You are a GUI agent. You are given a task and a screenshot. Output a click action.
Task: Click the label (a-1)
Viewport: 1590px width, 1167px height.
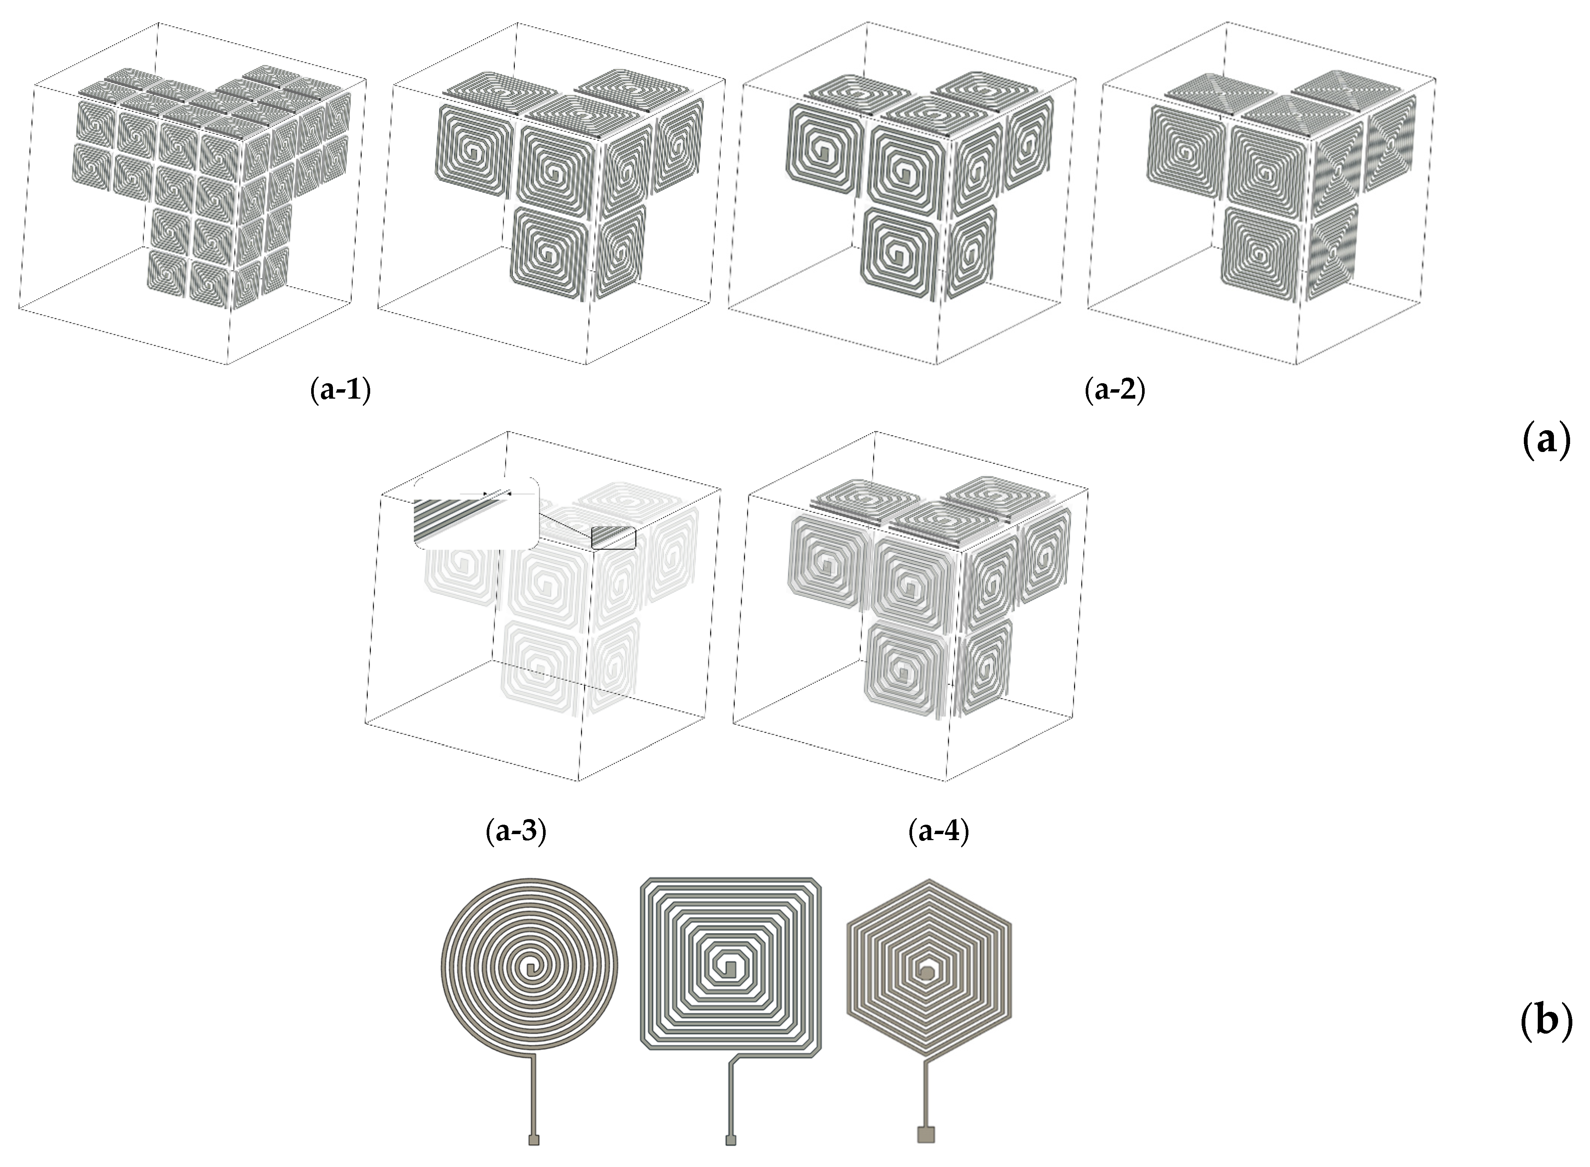click(340, 390)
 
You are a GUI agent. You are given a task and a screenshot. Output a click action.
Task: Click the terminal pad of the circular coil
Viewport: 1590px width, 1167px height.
click(534, 1140)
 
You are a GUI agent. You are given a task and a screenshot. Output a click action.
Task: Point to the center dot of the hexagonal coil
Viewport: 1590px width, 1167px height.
click(926, 974)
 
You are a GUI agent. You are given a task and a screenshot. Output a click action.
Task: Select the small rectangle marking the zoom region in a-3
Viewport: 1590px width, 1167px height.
click(613, 538)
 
